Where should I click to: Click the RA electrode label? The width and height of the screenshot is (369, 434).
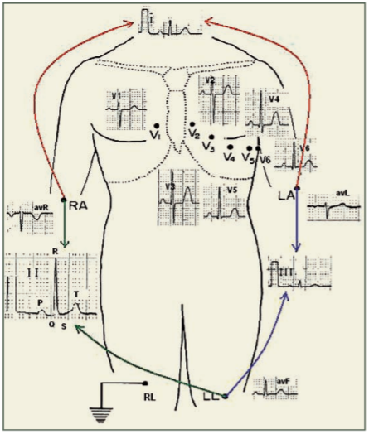(80, 204)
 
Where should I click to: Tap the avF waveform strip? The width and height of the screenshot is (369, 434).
(275, 388)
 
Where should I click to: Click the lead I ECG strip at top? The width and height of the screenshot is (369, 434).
(171, 22)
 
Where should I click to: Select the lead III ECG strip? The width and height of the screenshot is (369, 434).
(297, 272)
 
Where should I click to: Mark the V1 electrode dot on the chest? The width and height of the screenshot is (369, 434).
(156, 125)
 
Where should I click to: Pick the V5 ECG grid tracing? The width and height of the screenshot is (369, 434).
(225, 204)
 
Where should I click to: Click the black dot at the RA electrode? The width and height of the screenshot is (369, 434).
(64, 201)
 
